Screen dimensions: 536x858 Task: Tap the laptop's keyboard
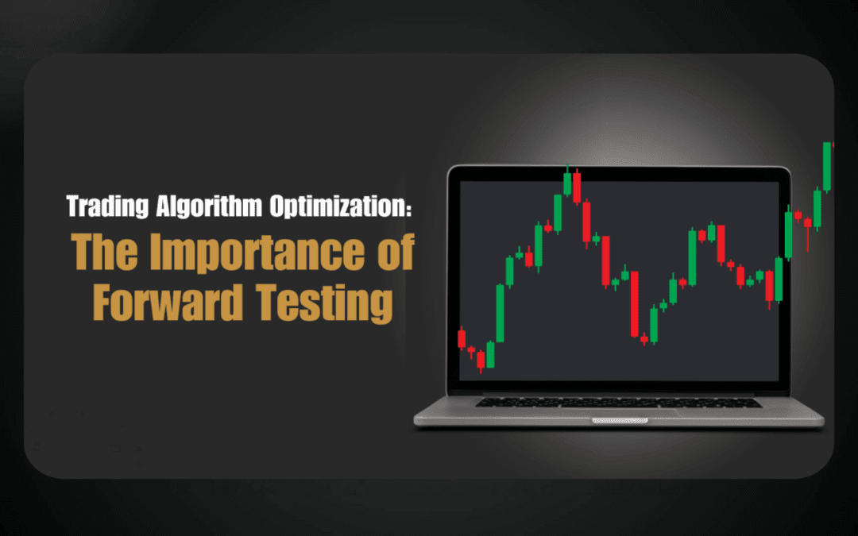tap(619, 403)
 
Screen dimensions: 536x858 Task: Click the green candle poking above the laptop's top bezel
tap(567, 183)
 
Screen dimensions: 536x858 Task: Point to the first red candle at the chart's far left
tap(462, 338)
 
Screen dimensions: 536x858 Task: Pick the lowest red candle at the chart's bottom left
tap(481, 360)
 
